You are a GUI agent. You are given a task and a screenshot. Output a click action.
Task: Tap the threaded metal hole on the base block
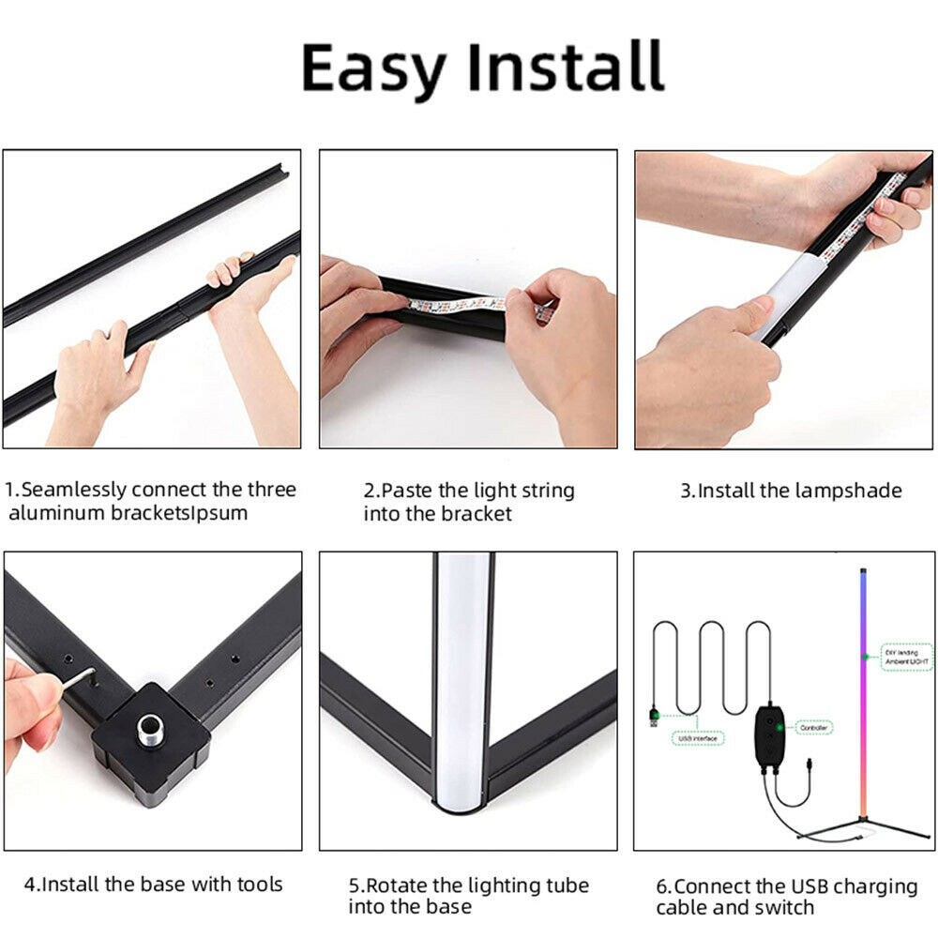tap(149, 730)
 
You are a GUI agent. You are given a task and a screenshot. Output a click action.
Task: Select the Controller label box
tap(813, 727)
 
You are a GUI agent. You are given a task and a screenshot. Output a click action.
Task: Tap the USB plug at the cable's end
tap(653, 718)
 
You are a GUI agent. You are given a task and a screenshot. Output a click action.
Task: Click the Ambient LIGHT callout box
tap(906, 657)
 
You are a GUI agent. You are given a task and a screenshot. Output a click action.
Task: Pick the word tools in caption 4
tap(254, 884)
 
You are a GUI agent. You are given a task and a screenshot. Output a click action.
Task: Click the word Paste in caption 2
tap(404, 491)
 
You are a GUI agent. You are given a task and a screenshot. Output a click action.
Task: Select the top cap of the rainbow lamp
tap(861, 568)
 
